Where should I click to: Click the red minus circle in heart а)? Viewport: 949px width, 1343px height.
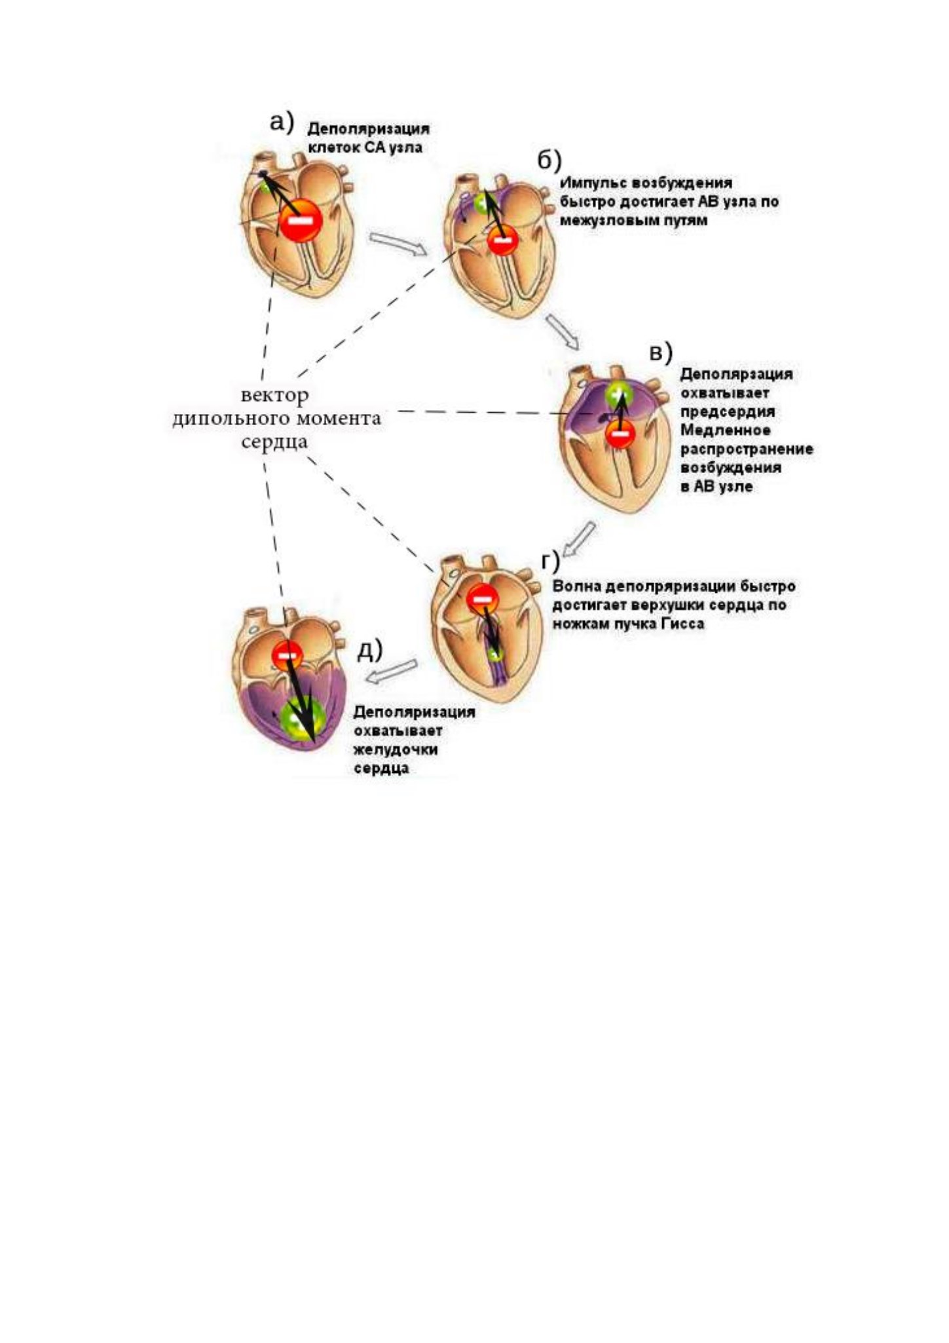coord(301,221)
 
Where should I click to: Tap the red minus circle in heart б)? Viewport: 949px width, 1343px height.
coord(502,240)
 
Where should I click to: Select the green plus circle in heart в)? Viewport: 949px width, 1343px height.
coord(619,395)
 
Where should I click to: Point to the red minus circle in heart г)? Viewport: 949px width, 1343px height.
coord(481,597)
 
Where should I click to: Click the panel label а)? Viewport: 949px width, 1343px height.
coord(282,122)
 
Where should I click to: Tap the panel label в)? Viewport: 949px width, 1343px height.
coord(660,352)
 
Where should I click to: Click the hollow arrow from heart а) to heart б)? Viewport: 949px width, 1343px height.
coord(398,244)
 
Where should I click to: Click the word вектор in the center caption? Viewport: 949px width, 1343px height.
coord(274,396)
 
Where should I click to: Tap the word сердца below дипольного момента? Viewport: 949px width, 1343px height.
coord(274,442)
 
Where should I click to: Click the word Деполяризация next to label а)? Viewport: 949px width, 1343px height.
coord(369,128)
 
